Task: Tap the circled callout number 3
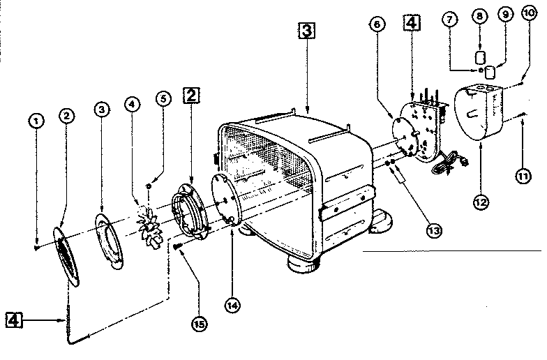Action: (102, 110)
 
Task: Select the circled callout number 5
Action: (163, 98)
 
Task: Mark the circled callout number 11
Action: (523, 177)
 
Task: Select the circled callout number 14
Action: (231, 303)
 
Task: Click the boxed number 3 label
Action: (306, 31)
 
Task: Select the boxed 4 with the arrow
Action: (15, 320)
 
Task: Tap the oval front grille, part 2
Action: (67, 255)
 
